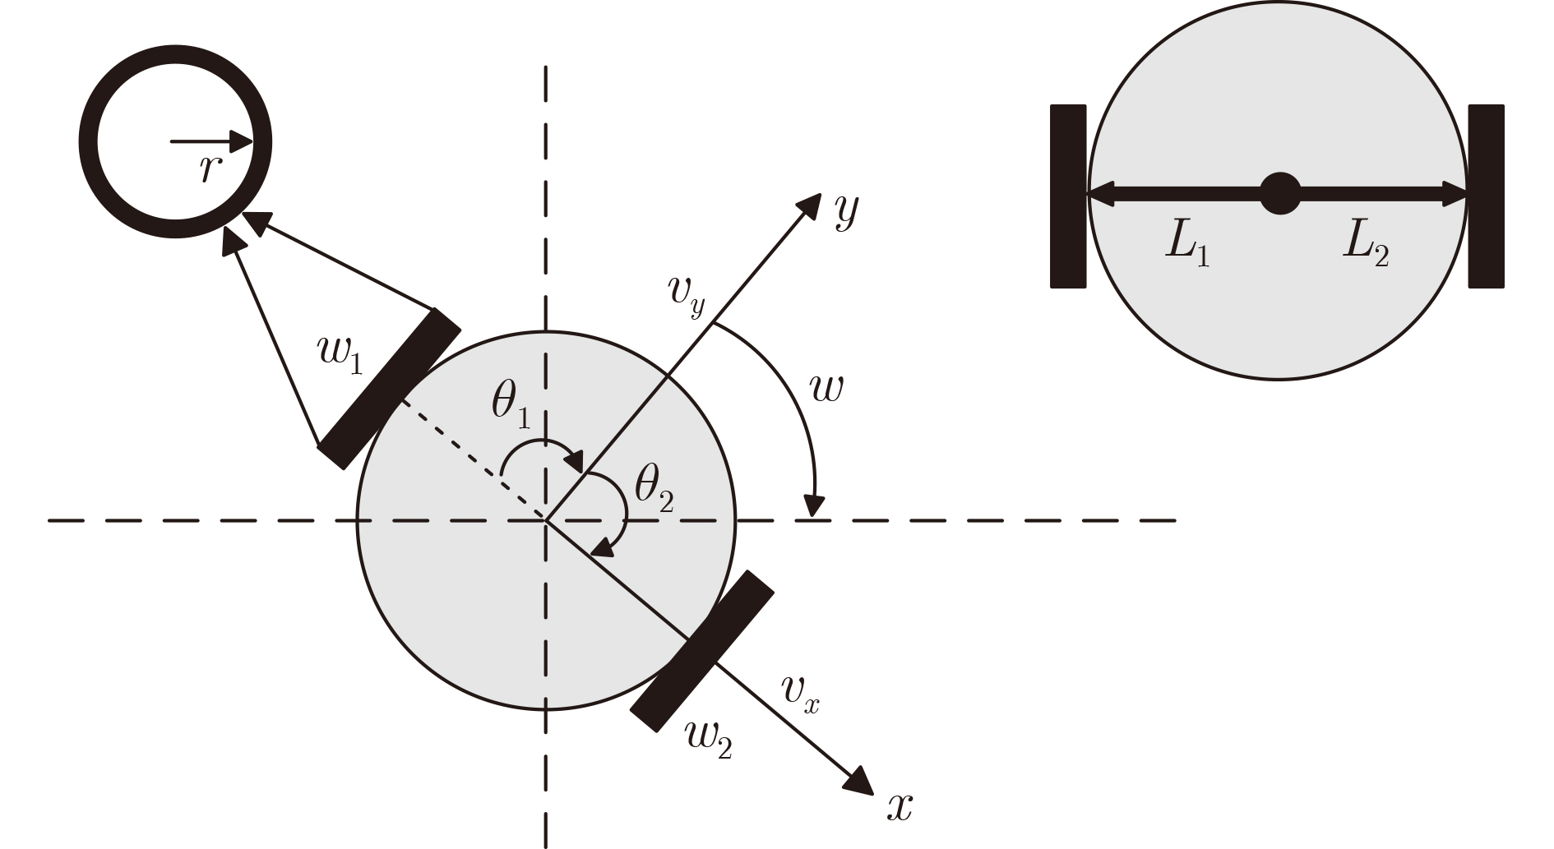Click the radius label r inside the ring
pyautogui.click(x=210, y=169)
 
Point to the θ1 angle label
pyautogui.click(x=511, y=406)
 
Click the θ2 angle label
pyautogui.click(x=654, y=491)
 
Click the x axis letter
pyautogui.click(x=900, y=807)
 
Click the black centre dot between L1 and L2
pyautogui.click(x=1279, y=195)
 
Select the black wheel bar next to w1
pyautogui.click(x=389, y=389)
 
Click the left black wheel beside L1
pyautogui.click(x=1068, y=196)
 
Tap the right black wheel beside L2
pyautogui.click(x=1486, y=196)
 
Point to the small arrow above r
pyautogui.click(x=211, y=142)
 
